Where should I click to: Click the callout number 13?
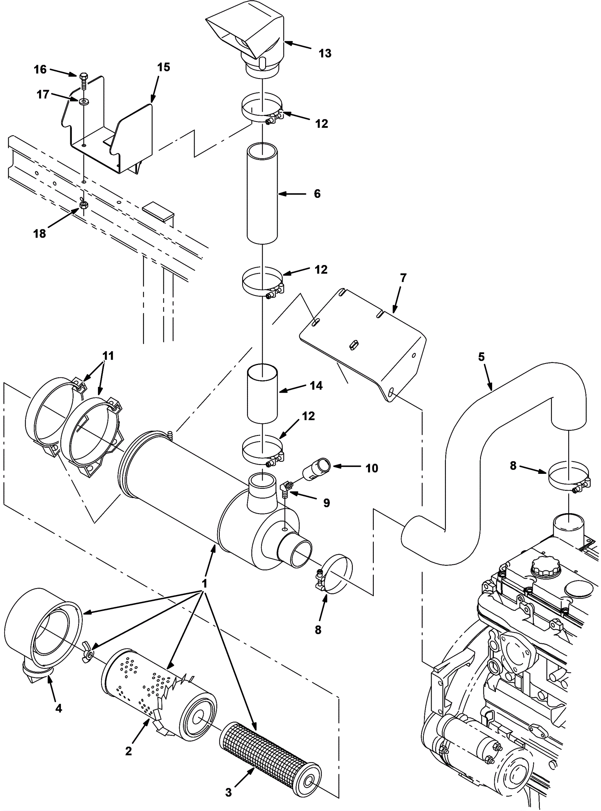tap(325, 53)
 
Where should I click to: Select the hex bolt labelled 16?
tap(83, 81)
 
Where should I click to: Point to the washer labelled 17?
tap(82, 101)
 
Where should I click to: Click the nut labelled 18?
tap(83, 205)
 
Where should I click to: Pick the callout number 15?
tap(163, 68)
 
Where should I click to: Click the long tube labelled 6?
tap(262, 192)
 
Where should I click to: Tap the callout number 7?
tap(403, 278)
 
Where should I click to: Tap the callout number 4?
tap(58, 708)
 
